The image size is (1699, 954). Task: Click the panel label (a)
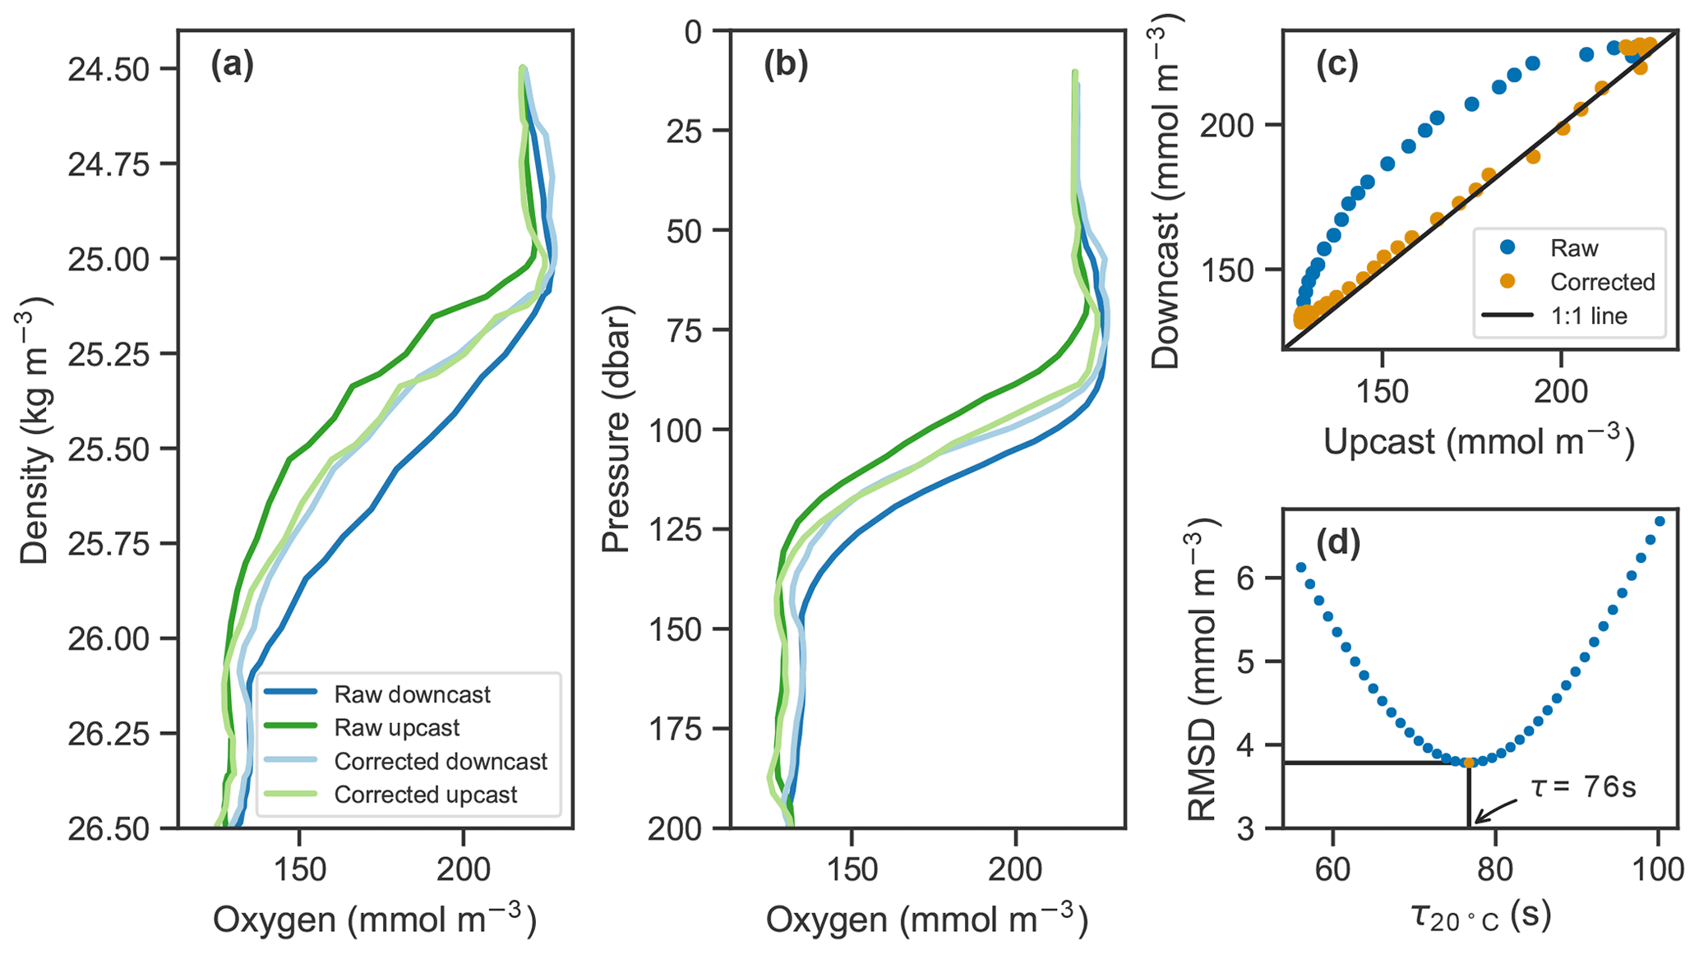click(232, 65)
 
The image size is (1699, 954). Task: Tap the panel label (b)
click(786, 65)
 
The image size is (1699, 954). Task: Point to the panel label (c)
click(1338, 65)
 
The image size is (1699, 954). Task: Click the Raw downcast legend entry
click(412, 694)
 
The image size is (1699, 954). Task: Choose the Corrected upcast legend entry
click(425, 795)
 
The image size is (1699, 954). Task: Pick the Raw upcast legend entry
click(396, 728)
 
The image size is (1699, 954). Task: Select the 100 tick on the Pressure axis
click(676, 430)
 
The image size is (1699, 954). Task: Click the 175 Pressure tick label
click(676, 729)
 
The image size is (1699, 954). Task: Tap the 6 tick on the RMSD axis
click(1249, 578)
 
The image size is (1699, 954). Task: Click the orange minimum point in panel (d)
click(1469, 763)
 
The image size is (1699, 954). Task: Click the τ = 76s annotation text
click(1583, 787)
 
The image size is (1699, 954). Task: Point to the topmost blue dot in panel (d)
click(1660, 521)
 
